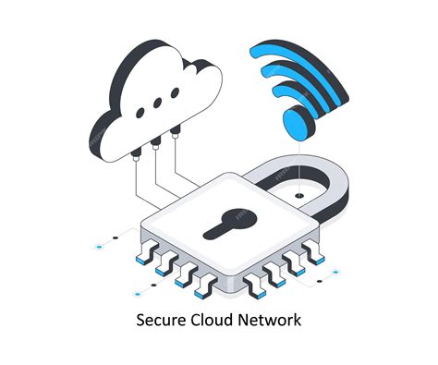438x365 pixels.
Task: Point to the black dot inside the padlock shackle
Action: [299, 196]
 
